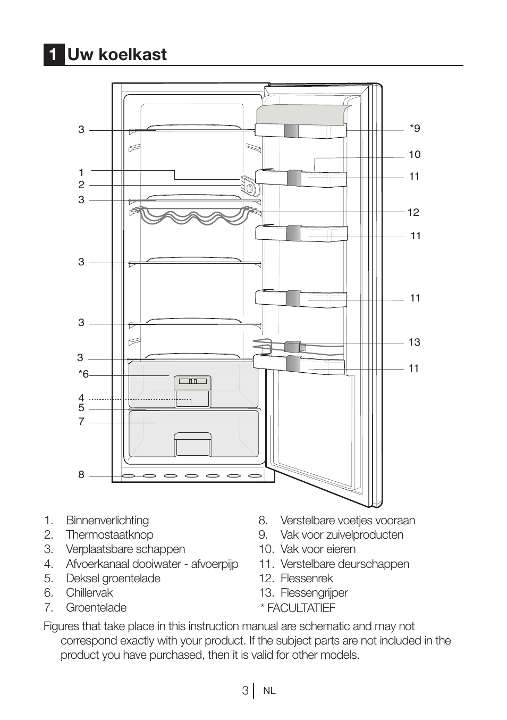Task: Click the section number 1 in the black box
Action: pyautogui.click(x=53, y=55)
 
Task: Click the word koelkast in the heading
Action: pyautogui.click(x=132, y=54)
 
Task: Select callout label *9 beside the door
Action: pyautogui.click(x=415, y=128)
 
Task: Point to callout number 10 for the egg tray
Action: pyautogui.click(x=415, y=154)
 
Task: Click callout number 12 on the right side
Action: pyautogui.click(x=413, y=212)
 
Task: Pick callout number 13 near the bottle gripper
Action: pyautogui.click(x=414, y=342)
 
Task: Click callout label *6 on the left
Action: pyautogui.click(x=83, y=374)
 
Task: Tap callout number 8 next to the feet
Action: pyautogui.click(x=81, y=474)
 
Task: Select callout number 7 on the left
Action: pyautogui.click(x=81, y=421)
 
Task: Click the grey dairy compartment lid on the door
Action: pyautogui.click(x=302, y=114)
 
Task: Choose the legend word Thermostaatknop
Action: pyautogui.click(x=109, y=535)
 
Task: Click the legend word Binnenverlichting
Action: pyautogui.click(x=107, y=520)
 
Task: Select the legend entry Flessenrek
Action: pyautogui.click(x=307, y=579)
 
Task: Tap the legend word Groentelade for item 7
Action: pyautogui.click(x=96, y=607)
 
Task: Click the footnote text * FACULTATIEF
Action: pyautogui.click(x=298, y=608)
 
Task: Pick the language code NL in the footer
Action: pyautogui.click(x=269, y=691)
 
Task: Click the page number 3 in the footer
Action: pyautogui.click(x=244, y=691)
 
